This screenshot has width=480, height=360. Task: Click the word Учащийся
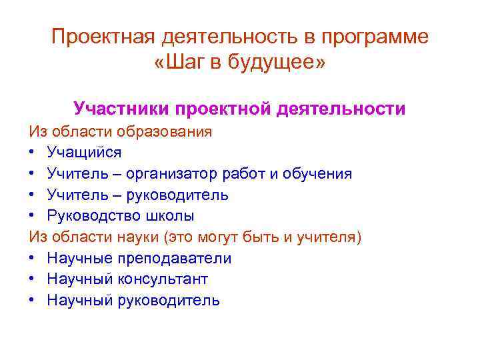[84, 153]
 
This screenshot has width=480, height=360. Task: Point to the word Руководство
[90, 216]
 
